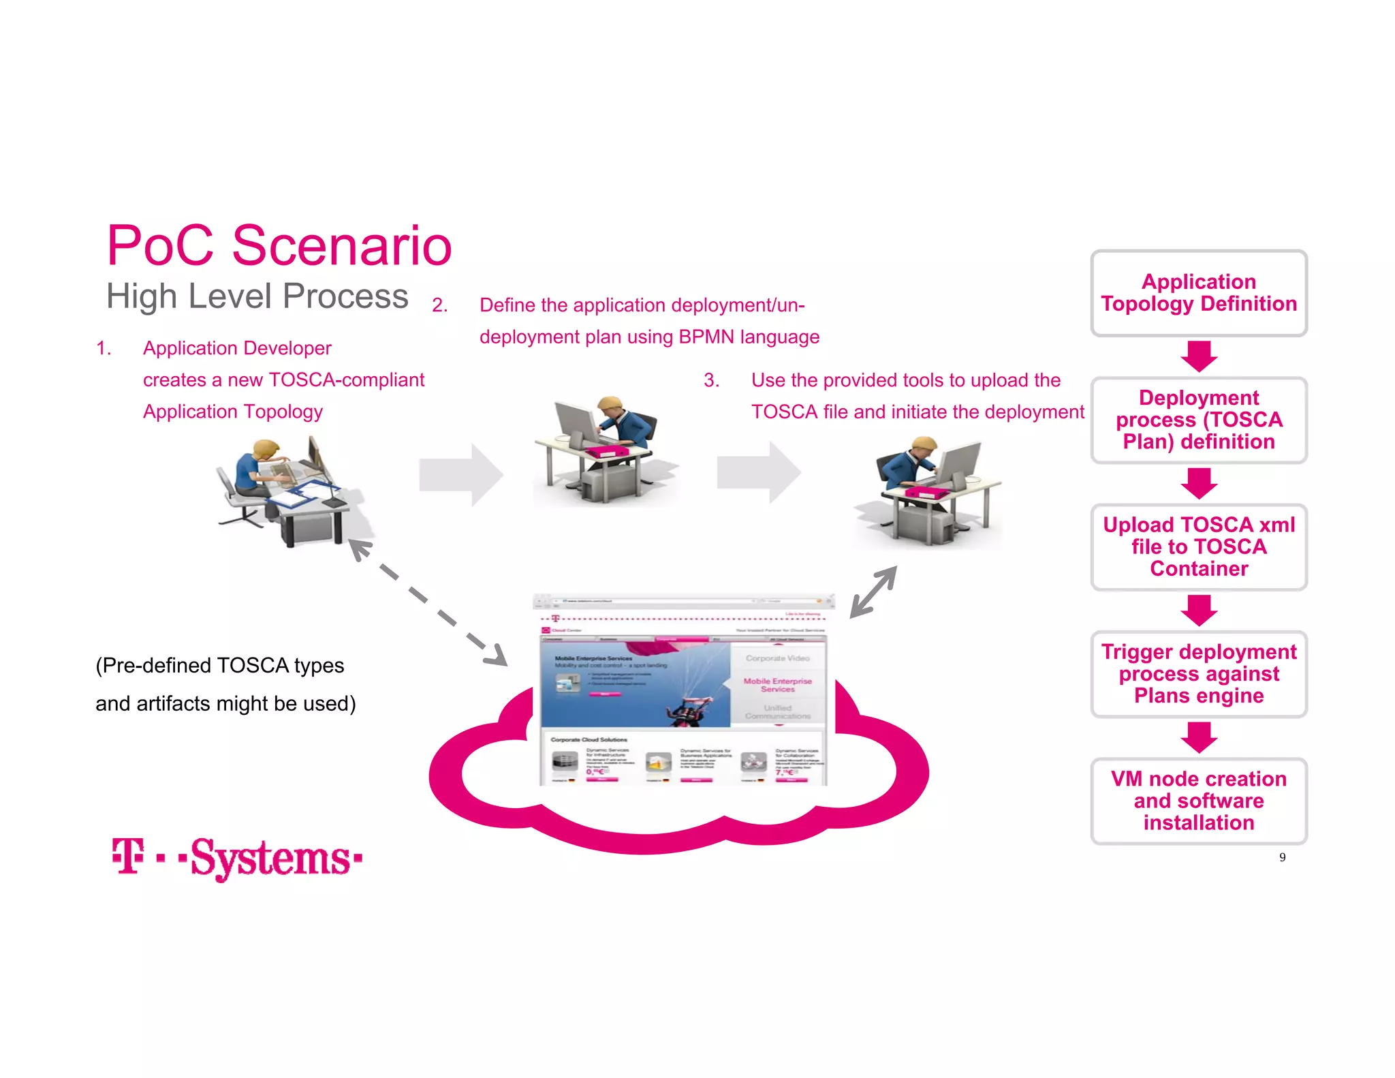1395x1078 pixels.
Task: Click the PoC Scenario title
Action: point(279,245)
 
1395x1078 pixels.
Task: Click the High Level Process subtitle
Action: point(257,296)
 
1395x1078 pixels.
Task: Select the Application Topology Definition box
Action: point(1198,293)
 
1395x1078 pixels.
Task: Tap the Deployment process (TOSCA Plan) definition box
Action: point(1198,420)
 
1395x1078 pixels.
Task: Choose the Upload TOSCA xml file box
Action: point(1198,546)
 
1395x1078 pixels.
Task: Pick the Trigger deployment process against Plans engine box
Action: point(1198,673)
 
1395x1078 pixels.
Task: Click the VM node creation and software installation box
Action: point(1198,801)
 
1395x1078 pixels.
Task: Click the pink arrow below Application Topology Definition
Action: point(1199,356)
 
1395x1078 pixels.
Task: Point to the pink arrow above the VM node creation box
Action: point(1199,737)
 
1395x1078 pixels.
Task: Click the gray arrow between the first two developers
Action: point(460,474)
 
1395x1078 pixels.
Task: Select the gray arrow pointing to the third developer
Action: point(757,472)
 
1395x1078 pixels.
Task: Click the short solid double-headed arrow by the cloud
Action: point(873,591)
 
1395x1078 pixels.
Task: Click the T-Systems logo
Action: point(237,858)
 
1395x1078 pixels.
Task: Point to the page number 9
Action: point(1282,857)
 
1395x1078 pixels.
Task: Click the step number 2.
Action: point(439,305)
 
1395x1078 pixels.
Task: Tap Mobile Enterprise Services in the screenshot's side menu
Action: point(777,684)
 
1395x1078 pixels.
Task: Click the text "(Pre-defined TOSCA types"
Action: point(219,665)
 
